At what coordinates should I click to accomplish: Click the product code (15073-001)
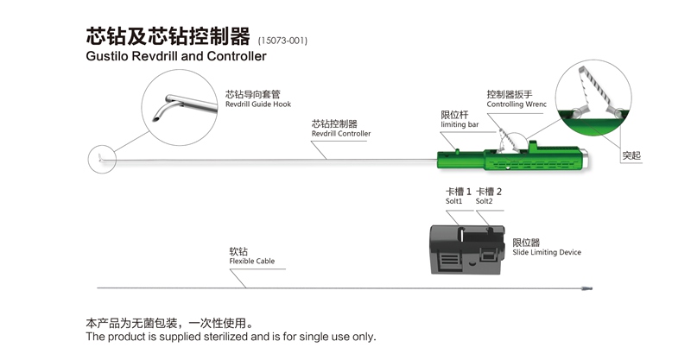click(x=282, y=41)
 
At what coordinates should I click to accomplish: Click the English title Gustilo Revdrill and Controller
click(x=176, y=56)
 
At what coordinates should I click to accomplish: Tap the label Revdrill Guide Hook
click(x=258, y=104)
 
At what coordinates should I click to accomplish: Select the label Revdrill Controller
click(x=341, y=134)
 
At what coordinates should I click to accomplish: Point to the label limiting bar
click(x=460, y=124)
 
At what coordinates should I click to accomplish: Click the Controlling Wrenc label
click(x=517, y=104)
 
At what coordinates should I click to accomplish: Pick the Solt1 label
click(x=454, y=201)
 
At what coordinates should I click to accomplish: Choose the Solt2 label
click(x=484, y=201)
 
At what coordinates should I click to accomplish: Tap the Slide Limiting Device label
click(x=547, y=252)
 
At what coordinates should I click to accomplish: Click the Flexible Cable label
click(x=251, y=262)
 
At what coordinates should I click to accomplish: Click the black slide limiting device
click(x=466, y=249)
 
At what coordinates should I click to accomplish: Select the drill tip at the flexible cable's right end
click(x=587, y=288)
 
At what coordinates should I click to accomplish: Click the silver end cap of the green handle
click(x=584, y=159)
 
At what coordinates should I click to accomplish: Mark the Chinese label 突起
click(x=631, y=155)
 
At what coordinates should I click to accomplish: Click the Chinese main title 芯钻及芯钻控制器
click(x=168, y=36)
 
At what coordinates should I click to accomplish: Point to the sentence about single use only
click(x=231, y=337)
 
